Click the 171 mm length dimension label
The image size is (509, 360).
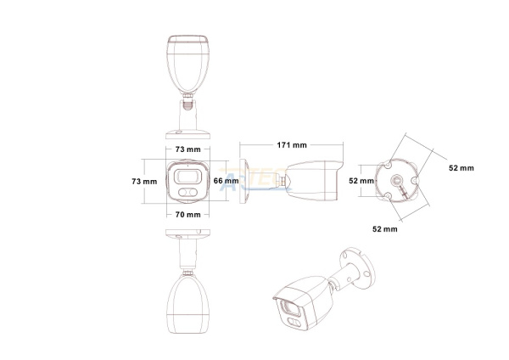click(292, 145)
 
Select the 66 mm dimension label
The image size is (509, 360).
click(226, 181)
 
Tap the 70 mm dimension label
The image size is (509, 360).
click(188, 215)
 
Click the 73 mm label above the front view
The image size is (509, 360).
click(188, 149)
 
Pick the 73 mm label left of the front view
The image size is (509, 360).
click(144, 182)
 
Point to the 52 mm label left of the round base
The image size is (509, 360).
click(361, 181)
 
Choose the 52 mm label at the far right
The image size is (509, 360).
click(461, 168)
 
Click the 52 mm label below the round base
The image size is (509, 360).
click(384, 229)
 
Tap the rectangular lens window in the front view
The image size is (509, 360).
click(188, 177)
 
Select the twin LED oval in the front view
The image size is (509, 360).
click(188, 193)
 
